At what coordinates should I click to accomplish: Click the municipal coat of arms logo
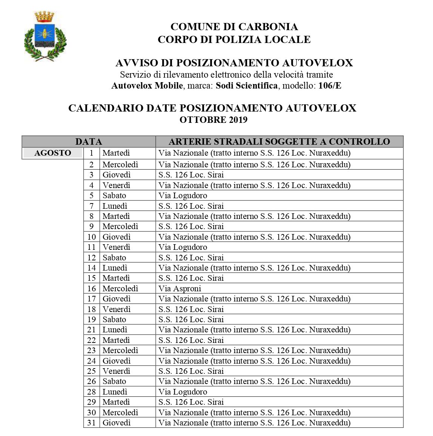coord(45,36)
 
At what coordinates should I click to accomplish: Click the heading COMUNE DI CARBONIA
coord(234,27)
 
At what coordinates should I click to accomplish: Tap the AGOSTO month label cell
coord(52,153)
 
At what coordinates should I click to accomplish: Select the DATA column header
coord(89,142)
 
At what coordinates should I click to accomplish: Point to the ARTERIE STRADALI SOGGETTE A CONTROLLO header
coord(279,142)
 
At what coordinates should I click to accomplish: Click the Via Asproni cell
coord(180,289)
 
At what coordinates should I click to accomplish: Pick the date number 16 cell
coord(92,289)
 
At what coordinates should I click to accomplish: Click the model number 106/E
coord(330,86)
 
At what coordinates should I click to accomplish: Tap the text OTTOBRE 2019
coord(213,120)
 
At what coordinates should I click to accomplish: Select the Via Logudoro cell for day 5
coord(183,196)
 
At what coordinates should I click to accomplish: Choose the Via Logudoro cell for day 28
coord(183,392)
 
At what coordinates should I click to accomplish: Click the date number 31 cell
coord(92,423)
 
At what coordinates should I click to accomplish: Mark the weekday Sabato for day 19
coord(114,320)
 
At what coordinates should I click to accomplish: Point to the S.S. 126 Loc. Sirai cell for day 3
coord(191,175)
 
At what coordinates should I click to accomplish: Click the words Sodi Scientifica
coord(247,86)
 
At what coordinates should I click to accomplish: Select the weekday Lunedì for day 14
coord(115,268)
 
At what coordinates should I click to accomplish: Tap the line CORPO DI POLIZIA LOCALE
coord(234,40)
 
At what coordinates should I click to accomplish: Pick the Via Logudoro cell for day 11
coord(183,247)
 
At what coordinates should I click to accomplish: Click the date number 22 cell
coord(92,340)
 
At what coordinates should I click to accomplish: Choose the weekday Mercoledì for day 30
coord(120,413)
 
